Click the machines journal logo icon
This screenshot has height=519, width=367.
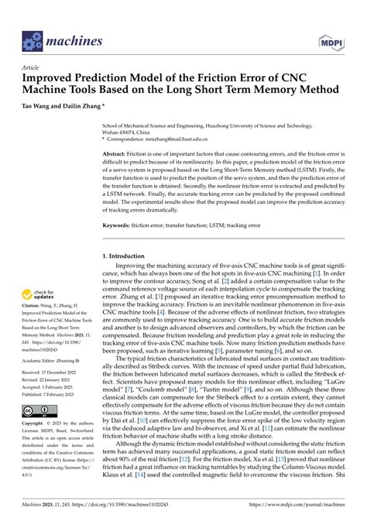coord(32,38)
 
